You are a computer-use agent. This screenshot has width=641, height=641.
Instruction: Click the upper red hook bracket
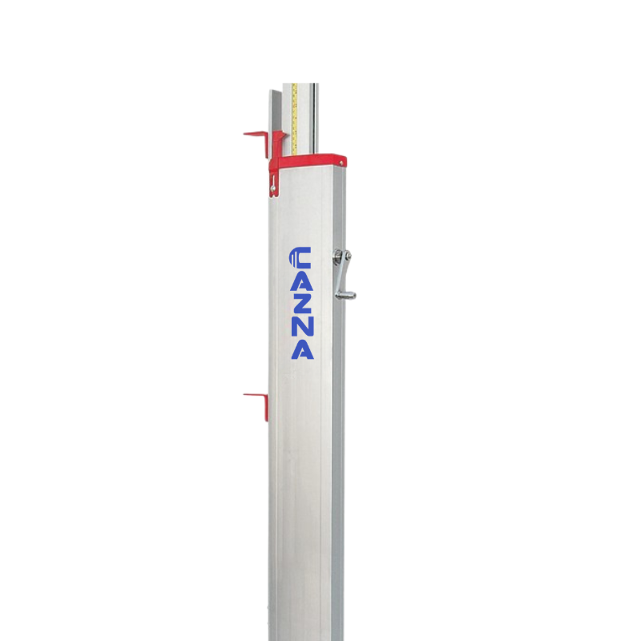256,139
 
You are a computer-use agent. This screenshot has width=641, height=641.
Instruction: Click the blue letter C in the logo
300,257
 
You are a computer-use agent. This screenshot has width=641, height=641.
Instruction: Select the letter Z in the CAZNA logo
302,302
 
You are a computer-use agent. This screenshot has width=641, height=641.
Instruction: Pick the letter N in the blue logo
302,325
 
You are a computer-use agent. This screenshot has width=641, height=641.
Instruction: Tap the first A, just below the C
301,280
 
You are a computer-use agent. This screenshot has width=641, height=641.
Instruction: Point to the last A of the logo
303,349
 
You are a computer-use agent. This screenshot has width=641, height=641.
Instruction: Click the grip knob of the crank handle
347,295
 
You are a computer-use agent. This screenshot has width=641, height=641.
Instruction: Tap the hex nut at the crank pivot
337,255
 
